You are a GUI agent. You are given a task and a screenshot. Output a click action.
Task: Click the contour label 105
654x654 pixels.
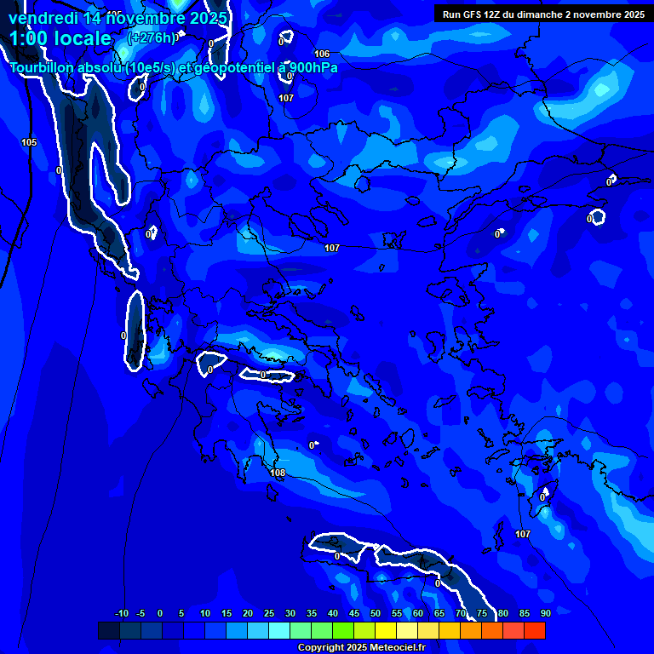[x=29, y=142]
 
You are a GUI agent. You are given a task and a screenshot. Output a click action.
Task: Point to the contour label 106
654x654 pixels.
[x=322, y=54]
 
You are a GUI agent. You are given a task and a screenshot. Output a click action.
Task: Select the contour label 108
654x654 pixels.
[x=278, y=473]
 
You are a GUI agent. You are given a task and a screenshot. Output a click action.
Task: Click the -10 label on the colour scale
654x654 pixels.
[x=121, y=614]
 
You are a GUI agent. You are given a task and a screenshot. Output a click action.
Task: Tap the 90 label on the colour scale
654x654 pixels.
[x=545, y=614]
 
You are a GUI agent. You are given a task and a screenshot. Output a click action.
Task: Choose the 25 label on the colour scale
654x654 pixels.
[x=269, y=614]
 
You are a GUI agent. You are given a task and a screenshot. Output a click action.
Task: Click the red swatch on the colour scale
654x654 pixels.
[x=534, y=631]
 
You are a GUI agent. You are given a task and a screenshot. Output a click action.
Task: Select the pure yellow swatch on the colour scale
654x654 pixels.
[x=385, y=631]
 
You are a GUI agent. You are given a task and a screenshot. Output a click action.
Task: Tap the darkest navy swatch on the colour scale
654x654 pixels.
[x=108, y=631]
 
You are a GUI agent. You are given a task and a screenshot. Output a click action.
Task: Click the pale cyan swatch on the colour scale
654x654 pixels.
[x=278, y=631]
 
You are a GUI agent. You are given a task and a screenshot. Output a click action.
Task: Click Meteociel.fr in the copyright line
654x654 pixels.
[x=398, y=648]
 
